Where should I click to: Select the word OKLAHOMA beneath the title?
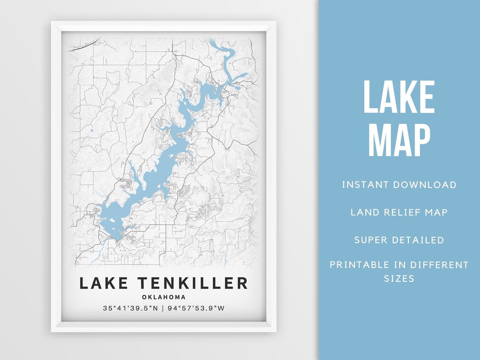[x=164, y=297]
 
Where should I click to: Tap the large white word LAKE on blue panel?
[x=399, y=98]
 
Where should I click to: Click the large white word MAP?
[x=399, y=140]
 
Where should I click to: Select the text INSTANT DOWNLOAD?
[x=399, y=185]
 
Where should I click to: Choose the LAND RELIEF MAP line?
[x=399, y=212]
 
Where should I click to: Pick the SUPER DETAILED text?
[x=399, y=240]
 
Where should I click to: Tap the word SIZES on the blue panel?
[x=399, y=279]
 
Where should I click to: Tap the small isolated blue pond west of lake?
[x=91, y=131]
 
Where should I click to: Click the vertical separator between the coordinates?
[x=163, y=308]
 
